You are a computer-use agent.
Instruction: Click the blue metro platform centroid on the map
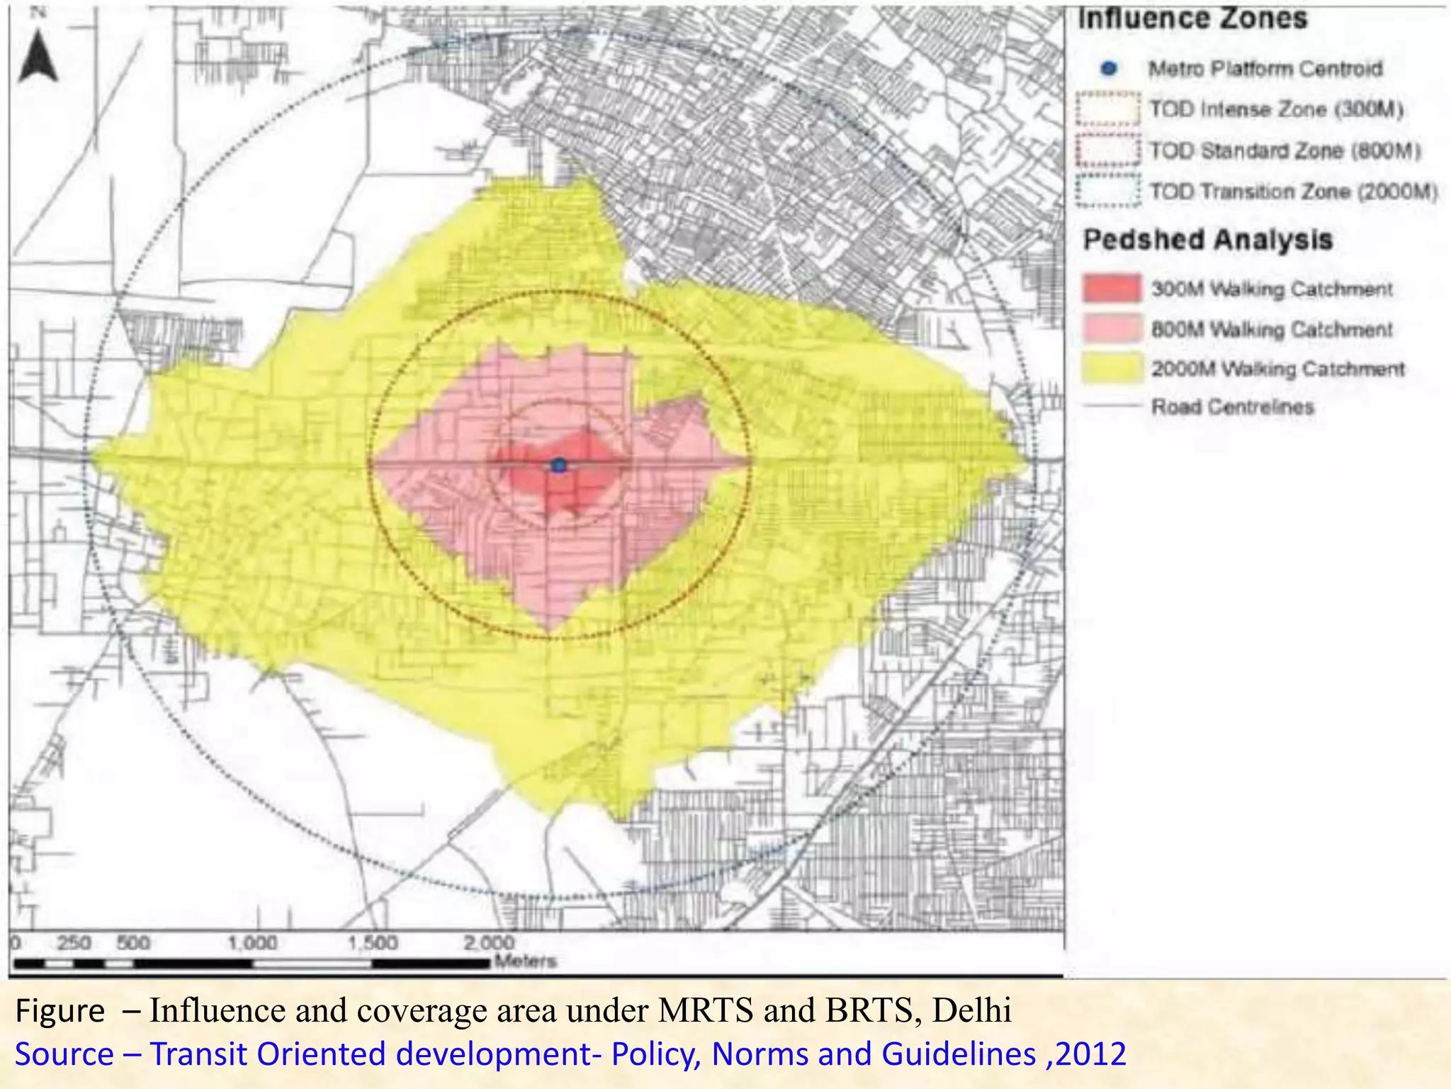tap(559, 466)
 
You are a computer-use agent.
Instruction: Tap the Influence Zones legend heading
tap(1192, 18)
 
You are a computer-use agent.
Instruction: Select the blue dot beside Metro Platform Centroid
tap(1110, 69)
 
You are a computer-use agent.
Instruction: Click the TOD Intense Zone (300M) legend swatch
tap(1108, 109)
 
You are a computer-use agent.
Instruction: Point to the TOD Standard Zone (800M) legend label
tap(1285, 151)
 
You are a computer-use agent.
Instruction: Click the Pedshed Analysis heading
tap(1208, 240)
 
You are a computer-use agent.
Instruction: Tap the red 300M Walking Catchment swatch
tap(1112, 289)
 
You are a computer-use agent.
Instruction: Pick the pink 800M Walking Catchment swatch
tap(1112, 329)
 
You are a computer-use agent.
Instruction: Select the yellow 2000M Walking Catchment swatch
tap(1112, 369)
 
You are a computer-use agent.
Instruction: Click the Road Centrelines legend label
tap(1232, 407)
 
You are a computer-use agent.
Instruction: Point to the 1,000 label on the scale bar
tap(252, 944)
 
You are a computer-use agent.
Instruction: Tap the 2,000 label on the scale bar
tap(489, 944)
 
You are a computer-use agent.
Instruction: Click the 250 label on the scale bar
tap(73, 944)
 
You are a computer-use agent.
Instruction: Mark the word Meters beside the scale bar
tap(525, 962)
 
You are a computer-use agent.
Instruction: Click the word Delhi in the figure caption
tap(971, 1010)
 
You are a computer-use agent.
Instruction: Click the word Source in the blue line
tap(64, 1054)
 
